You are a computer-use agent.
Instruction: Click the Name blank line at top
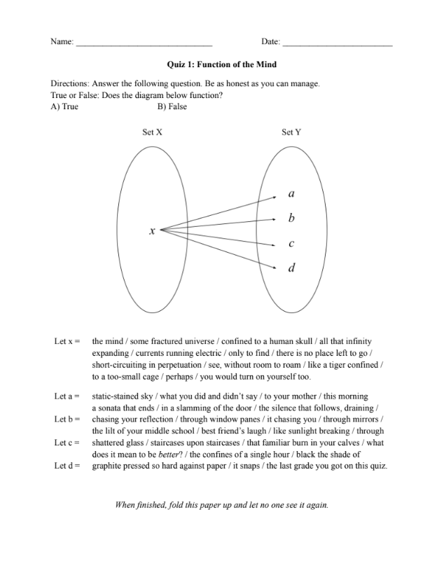point(144,44)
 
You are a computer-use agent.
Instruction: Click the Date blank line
point(337,44)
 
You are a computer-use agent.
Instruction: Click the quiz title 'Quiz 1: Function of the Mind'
point(222,64)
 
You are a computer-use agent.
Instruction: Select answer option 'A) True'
point(64,107)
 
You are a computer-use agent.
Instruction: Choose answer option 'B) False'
point(172,107)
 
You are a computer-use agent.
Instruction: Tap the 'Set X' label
point(153,132)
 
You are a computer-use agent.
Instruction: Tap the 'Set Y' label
point(291,132)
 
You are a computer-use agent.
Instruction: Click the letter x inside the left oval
point(151,230)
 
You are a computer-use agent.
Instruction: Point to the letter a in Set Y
point(291,193)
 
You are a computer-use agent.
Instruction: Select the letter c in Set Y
point(291,244)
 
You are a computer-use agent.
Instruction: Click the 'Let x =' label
point(67,341)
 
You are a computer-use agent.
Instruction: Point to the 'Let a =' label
point(67,396)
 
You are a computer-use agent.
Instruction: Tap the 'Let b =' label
point(67,420)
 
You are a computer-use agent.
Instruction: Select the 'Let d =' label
point(67,466)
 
